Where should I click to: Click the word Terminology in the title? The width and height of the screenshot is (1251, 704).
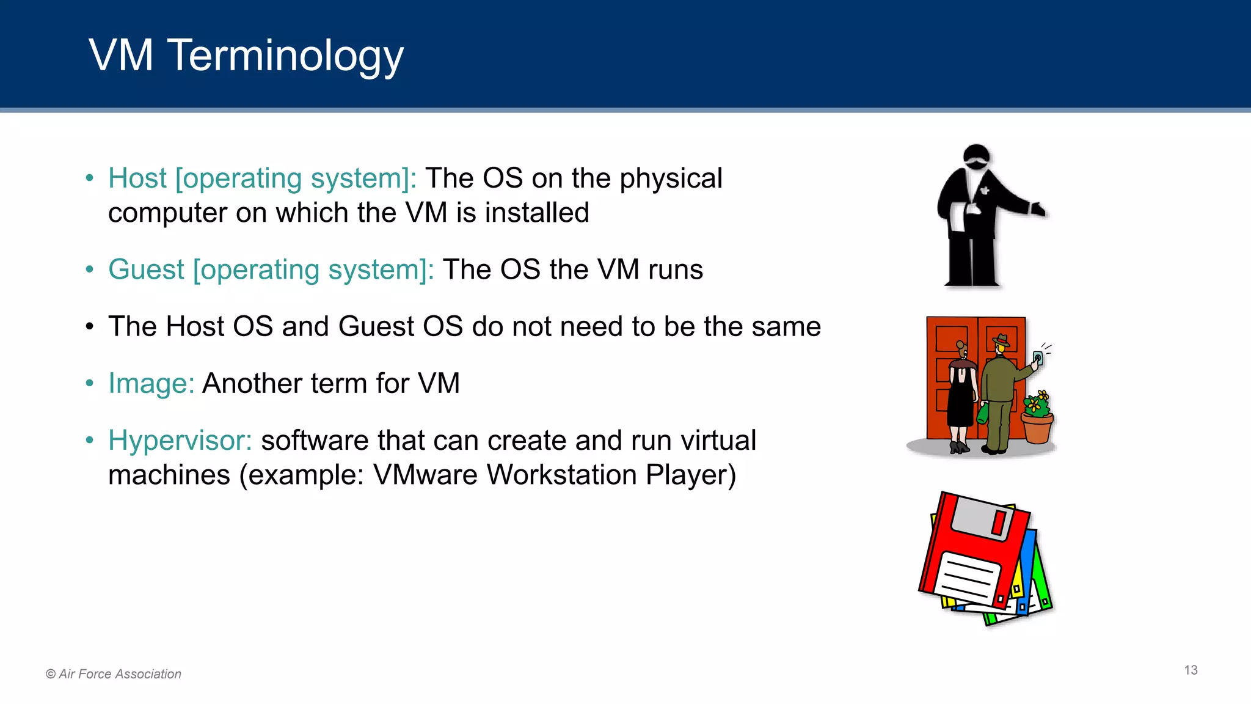coord(285,56)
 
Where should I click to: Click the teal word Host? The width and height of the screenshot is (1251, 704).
coord(137,178)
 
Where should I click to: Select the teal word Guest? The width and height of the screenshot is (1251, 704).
coord(146,269)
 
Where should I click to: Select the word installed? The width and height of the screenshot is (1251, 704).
coord(537,213)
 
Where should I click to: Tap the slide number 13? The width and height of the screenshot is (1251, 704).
coord(1191,670)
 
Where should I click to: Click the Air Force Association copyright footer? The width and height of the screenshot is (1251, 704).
coord(114,674)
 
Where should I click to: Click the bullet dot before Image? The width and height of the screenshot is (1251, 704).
coord(90,384)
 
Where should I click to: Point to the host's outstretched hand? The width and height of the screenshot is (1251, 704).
coord(1038,210)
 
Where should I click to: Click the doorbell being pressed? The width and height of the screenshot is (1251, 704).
coord(1037,358)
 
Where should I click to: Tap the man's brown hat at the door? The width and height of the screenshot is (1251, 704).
coord(1001,340)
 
